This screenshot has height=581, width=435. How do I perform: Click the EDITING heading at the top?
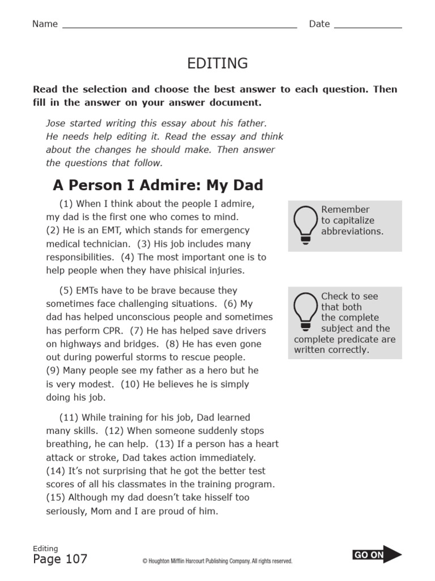pos(217,64)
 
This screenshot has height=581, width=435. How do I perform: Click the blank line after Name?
pos(179,26)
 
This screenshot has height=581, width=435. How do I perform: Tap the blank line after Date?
pos(368,26)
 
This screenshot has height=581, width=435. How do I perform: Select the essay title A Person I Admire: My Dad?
pos(157,186)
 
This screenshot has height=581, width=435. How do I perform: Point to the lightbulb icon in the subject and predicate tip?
pos(305,311)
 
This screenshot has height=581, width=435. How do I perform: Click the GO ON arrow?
pos(377,555)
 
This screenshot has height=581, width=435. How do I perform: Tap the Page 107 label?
pos(60,559)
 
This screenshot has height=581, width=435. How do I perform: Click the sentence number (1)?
pos(66,204)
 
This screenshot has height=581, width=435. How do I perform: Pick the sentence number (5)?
pos(66,290)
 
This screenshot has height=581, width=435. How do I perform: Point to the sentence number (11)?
pos(69,418)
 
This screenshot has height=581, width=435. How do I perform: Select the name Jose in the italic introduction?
pos(56,123)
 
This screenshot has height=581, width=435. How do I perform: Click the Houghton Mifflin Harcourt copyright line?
pos(217,561)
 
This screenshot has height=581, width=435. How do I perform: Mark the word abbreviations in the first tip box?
pos(352,231)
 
